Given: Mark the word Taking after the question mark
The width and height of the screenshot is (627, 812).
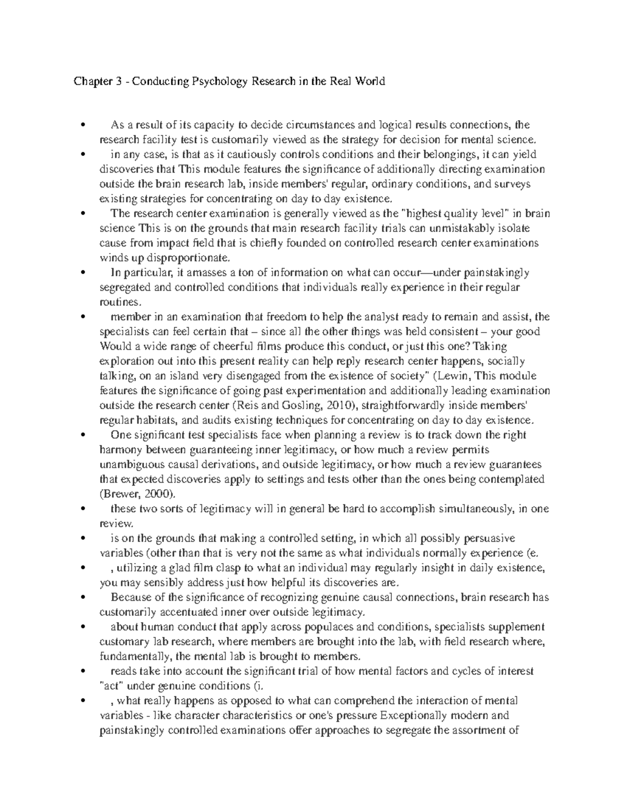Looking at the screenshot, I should [490, 346].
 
